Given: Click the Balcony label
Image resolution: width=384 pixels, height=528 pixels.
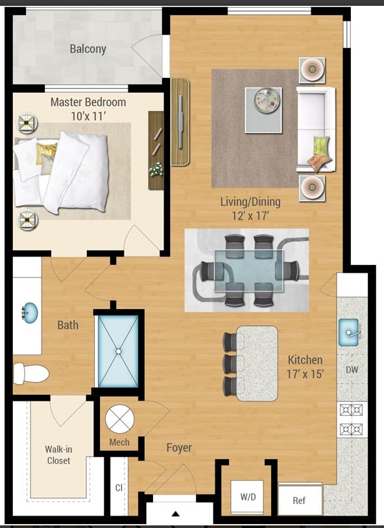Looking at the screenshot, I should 88,49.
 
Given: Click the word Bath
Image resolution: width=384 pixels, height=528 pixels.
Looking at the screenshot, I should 67,325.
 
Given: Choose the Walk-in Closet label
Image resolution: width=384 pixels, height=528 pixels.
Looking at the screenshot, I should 58,455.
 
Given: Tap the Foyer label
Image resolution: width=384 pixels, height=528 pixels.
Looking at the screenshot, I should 179,447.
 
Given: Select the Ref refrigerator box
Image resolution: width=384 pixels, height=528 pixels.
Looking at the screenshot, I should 299,501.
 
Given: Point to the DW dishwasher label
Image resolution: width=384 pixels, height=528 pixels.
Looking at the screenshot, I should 352,371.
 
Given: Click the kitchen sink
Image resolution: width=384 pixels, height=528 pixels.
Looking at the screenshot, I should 351,333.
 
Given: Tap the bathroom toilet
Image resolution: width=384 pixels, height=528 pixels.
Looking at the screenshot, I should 31,373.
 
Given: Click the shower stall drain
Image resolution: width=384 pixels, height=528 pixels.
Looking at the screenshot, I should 118,351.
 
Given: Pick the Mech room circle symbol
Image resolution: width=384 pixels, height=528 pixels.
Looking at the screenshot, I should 119,420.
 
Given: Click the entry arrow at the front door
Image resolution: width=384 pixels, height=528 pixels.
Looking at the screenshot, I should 174,514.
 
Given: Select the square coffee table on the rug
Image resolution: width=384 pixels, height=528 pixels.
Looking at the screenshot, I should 263,101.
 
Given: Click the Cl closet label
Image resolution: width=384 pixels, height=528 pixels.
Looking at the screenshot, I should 119,487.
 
